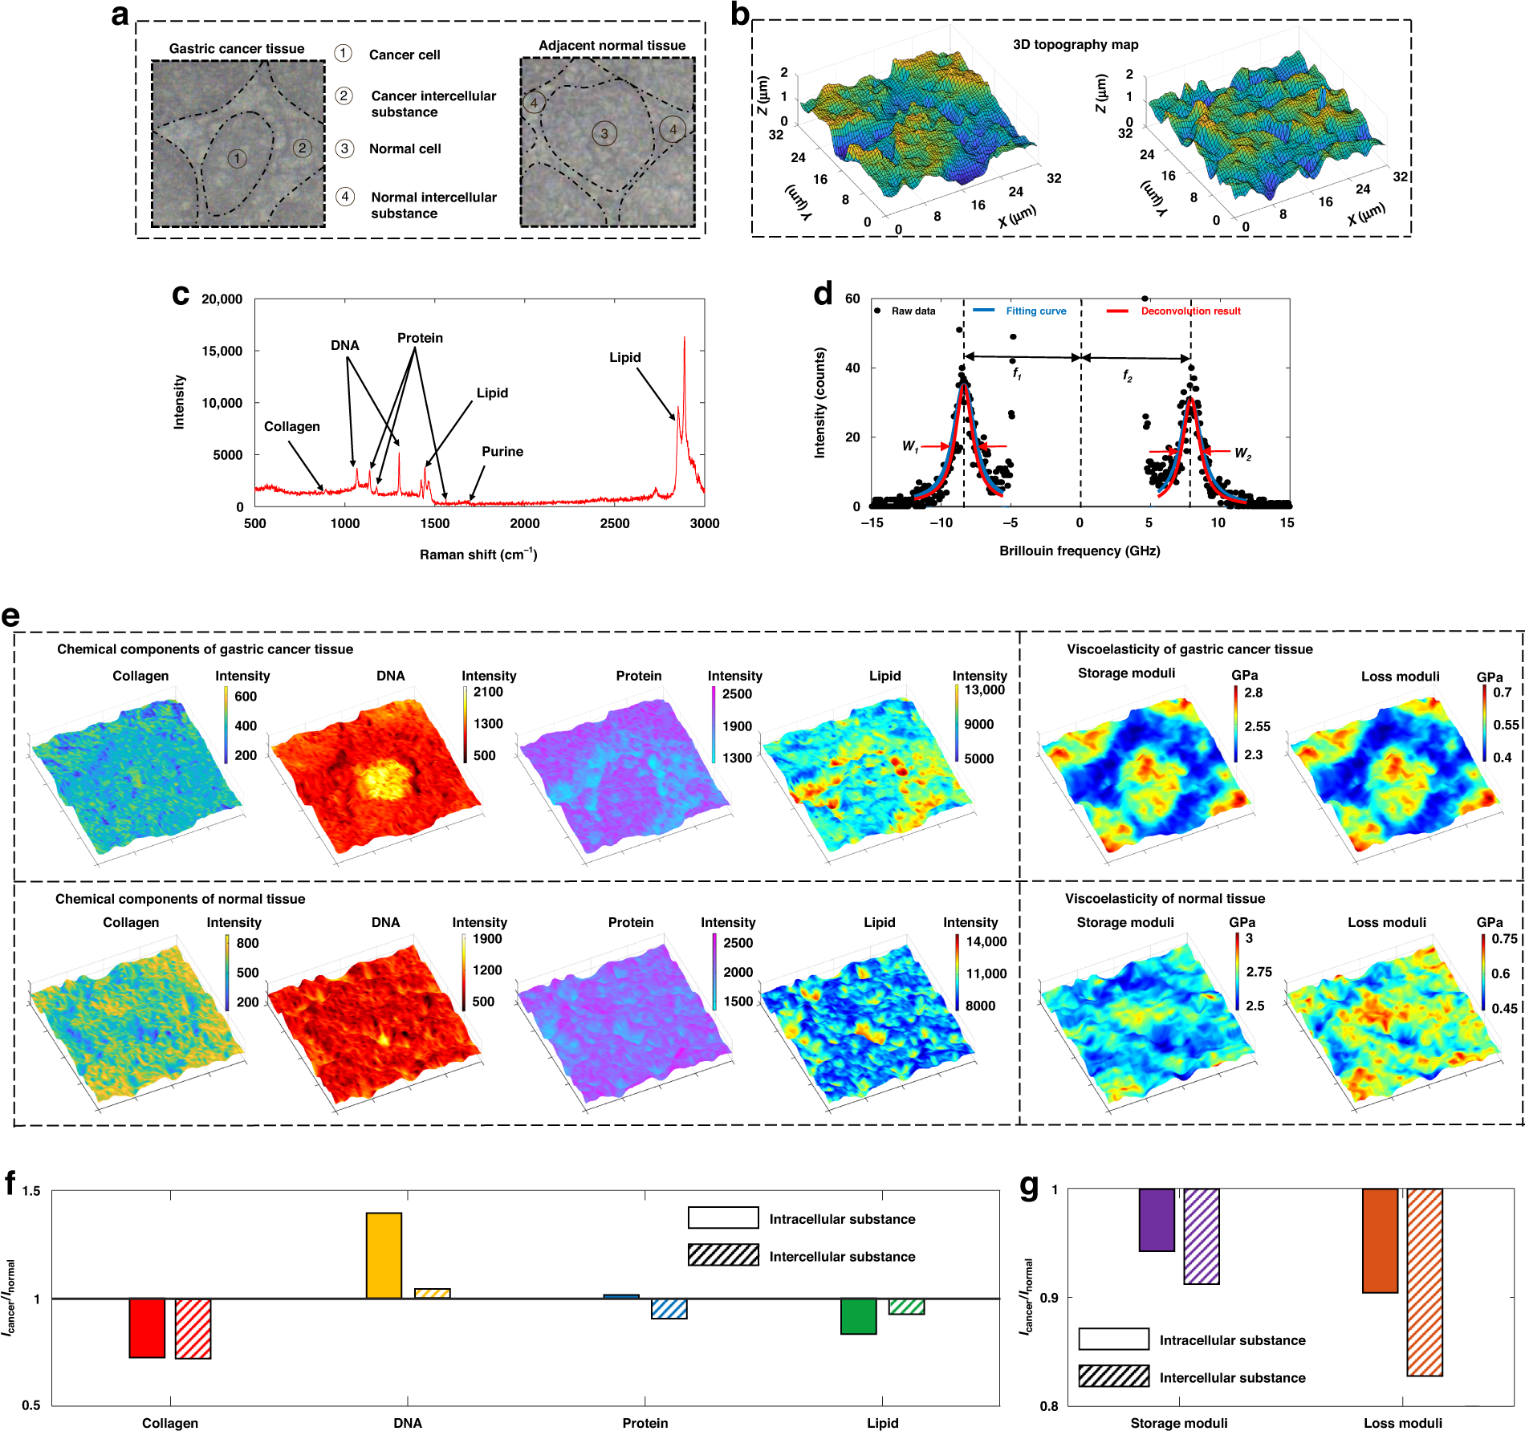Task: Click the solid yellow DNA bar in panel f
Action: point(384,1255)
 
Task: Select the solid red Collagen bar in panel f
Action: point(147,1327)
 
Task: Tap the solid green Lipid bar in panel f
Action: point(858,1316)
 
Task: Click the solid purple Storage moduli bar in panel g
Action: point(1157,1220)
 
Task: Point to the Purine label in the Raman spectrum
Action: point(502,452)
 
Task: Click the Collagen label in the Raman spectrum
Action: point(291,427)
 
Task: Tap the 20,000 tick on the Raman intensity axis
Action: point(222,299)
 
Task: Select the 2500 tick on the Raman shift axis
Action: point(615,523)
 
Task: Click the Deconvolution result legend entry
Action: point(1190,311)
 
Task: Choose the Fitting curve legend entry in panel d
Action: point(1035,311)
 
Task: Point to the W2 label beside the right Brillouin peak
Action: point(1242,453)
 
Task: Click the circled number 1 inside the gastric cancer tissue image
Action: point(237,158)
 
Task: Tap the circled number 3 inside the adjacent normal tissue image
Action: point(604,134)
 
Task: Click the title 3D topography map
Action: point(1076,45)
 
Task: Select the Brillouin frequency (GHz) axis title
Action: point(1080,551)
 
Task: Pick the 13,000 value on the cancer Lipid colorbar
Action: point(984,690)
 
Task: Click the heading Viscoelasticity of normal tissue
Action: point(1165,899)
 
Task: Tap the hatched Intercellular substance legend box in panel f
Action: point(723,1255)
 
